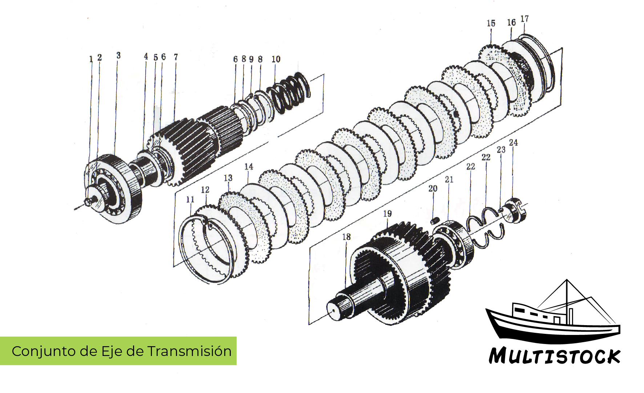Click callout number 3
118,56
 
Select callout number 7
176,57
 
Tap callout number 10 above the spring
276,59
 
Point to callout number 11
190,199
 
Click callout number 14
249,167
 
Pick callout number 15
491,23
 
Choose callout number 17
524,19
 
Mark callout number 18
346,237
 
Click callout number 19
387,213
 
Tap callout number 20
433,189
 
